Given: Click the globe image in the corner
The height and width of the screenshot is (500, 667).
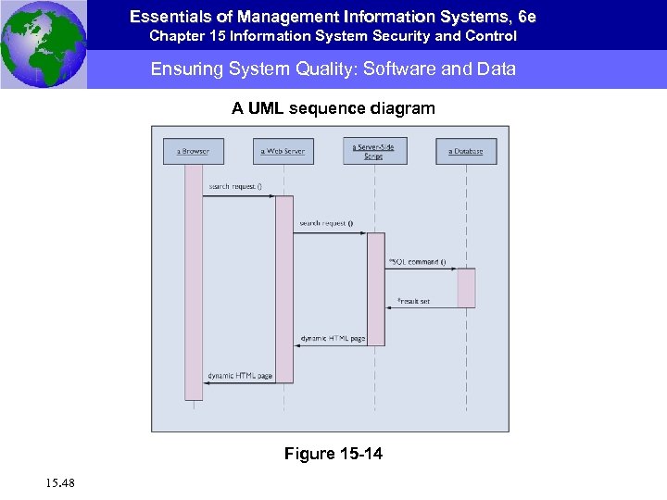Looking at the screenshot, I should (44, 44).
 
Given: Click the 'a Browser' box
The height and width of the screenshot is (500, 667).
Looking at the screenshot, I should (194, 151).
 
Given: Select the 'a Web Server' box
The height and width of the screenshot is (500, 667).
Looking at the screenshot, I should (283, 151).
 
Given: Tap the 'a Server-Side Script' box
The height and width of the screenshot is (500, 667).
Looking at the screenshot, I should (374, 151).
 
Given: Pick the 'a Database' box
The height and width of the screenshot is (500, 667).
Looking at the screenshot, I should (466, 151).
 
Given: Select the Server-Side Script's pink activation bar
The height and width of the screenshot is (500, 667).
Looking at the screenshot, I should (375, 289).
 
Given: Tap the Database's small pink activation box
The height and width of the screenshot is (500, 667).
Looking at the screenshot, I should (466, 288).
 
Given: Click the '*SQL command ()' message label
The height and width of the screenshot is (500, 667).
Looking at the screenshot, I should (418, 261).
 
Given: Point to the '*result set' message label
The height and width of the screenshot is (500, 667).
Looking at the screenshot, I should (413, 301).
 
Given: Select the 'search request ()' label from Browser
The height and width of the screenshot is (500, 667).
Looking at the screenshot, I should (235, 187).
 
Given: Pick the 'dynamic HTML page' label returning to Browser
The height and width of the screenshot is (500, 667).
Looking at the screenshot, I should (240, 376).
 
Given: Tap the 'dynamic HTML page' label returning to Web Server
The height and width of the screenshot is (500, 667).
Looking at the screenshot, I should (333, 339).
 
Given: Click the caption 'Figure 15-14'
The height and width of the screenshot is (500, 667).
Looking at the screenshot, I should (333, 454).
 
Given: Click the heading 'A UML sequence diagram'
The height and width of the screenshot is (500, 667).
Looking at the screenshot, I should (333, 109).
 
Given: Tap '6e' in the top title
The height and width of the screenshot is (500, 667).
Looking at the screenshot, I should (527, 17).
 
